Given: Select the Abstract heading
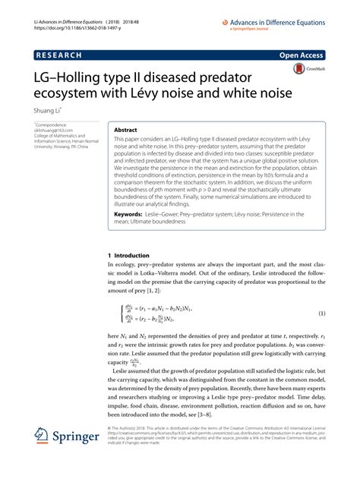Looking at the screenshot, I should [126, 131].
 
